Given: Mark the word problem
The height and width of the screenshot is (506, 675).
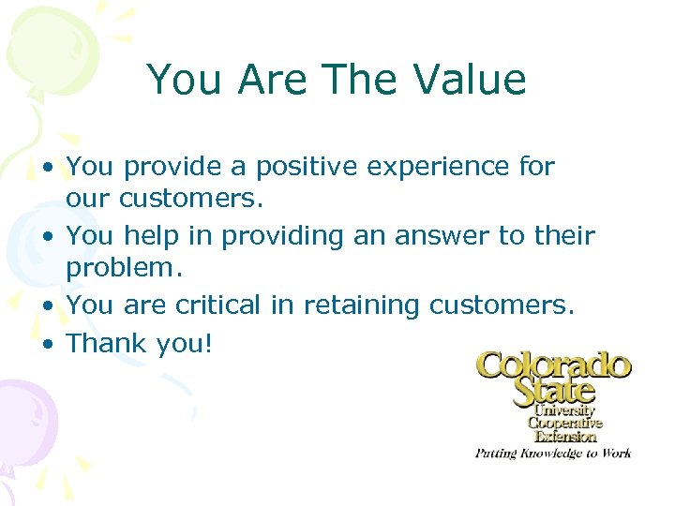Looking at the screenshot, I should click(123, 271).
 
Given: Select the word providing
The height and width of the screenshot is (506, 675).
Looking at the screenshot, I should click(282, 237).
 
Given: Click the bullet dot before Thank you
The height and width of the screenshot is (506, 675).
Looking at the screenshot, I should click(50, 345).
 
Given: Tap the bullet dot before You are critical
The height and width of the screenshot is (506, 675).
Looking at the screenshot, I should click(50, 306).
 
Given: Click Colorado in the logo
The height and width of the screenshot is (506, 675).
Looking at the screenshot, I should click(553, 365).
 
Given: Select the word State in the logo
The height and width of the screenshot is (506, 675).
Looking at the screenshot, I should click(554, 390).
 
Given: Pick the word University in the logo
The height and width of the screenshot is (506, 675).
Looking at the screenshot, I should click(565, 410).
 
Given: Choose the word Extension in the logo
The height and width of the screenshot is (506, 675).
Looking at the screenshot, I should click(565, 435).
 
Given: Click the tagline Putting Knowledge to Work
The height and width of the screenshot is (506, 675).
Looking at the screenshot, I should click(552, 453).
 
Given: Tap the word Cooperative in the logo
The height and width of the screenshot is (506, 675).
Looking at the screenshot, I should click(565, 423).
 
